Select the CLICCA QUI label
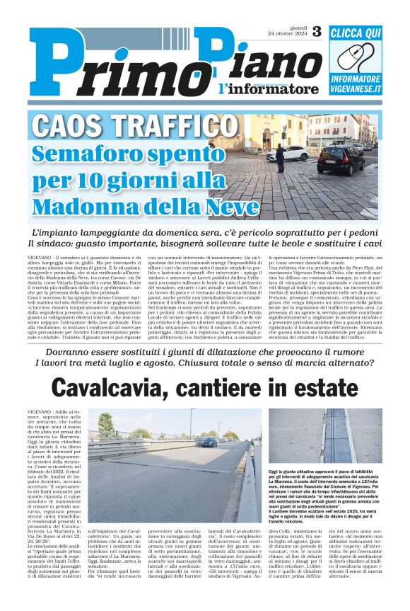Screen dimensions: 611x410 click(356, 33)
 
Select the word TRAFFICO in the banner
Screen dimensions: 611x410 click(172, 127)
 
